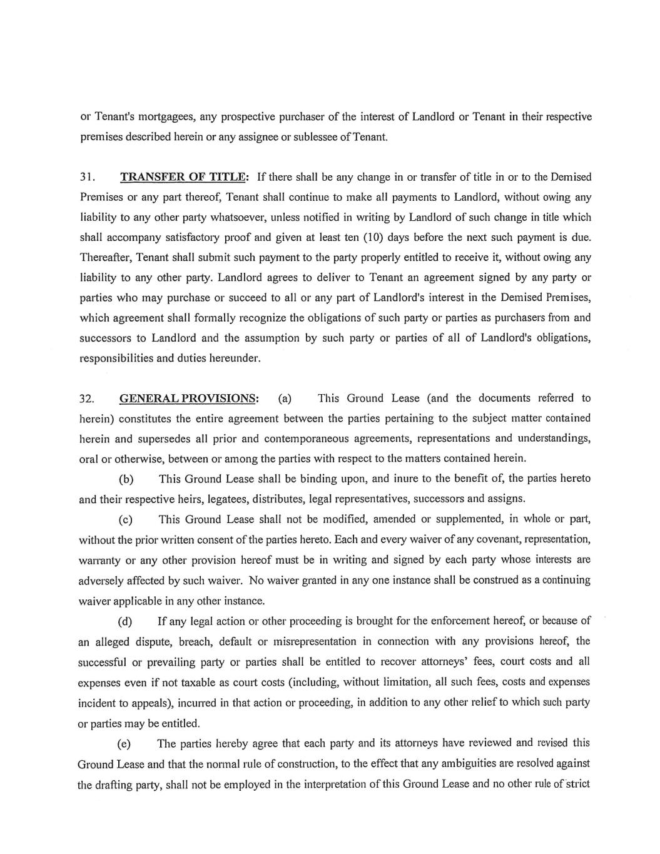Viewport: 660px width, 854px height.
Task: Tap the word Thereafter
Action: click(x=106, y=258)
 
